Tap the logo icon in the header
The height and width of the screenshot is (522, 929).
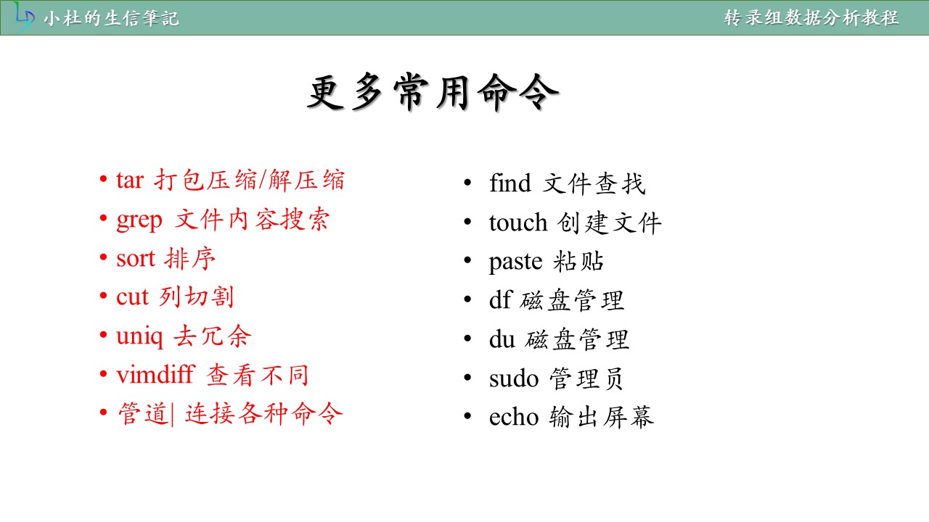pos(24,17)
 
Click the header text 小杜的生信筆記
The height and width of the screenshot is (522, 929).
pos(111,19)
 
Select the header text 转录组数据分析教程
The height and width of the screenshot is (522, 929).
pos(811,18)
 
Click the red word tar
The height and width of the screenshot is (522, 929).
pos(130,181)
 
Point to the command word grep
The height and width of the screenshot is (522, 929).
pos(139,221)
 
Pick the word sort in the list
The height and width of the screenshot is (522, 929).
pos(136,259)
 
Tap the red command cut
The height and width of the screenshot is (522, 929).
pos(132,297)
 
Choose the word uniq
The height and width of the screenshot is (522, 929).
pos(139,337)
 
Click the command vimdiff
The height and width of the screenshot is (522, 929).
pos(155,374)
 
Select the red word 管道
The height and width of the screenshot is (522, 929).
pos(143,413)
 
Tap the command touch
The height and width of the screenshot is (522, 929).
pos(518,222)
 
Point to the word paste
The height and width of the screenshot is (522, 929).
pos(515,262)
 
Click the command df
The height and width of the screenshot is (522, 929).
pos(501,299)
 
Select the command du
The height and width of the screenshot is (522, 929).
pos(502,339)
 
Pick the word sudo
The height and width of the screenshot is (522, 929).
pos(514,378)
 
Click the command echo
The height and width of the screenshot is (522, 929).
pos(514,416)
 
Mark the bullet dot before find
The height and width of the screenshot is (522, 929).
pos(467,182)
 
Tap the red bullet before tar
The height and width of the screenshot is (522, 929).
pos(103,179)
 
